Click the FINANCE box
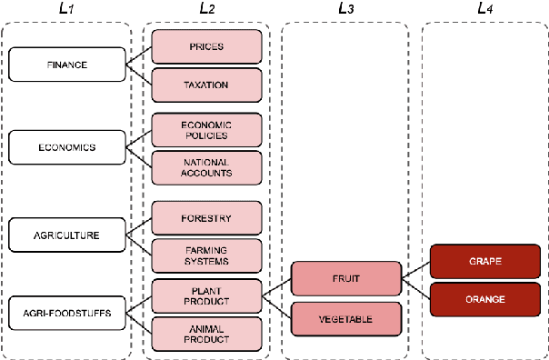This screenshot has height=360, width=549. click(65, 64)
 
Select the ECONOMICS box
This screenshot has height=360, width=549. click(65, 146)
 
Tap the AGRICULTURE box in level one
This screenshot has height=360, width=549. click(65, 235)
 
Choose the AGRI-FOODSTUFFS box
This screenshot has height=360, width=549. click(65, 313)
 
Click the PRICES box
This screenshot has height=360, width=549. click(206, 45)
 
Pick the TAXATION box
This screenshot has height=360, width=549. click(206, 85)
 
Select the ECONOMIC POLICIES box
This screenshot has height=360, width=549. click(206, 128)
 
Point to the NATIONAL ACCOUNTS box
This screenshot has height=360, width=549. click(206, 166)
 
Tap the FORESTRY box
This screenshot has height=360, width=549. click(206, 218)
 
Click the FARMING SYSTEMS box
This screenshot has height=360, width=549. click(206, 255)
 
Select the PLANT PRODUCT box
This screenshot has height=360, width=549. click(206, 295)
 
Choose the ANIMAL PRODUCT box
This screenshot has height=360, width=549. click(206, 334)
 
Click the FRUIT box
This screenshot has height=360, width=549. click(345, 279)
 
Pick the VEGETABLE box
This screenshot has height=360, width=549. click(345, 319)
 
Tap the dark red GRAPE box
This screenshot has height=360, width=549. click(484, 260)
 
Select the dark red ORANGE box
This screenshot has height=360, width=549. click(484, 298)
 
